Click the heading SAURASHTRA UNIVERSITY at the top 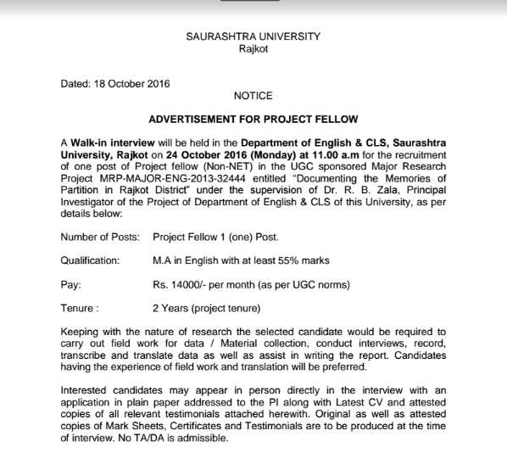[253, 36]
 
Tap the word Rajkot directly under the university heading [253, 49]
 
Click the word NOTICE [252, 97]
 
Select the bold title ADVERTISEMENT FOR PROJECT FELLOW [253, 120]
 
